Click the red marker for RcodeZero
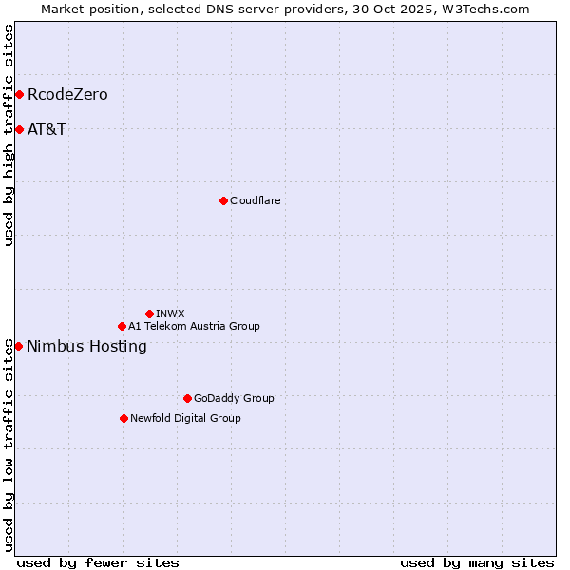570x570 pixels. [x=19, y=94]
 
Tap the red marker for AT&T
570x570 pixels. [x=19, y=129]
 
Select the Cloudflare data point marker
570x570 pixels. [x=223, y=200]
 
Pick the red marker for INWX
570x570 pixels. [x=149, y=313]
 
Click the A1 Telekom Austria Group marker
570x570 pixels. [x=122, y=326]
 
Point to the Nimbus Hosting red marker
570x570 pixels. [x=18, y=346]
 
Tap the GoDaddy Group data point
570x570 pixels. [x=187, y=398]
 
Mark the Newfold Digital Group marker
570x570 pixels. [x=123, y=418]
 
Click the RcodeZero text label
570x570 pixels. [x=67, y=94]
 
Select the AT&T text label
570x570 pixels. [x=47, y=129]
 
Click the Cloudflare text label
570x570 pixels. [x=255, y=200]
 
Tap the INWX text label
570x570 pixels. [x=170, y=313]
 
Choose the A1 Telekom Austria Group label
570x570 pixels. [x=194, y=326]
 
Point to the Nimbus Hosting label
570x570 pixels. [x=86, y=346]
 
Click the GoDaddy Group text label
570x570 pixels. [x=233, y=398]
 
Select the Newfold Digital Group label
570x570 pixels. [x=185, y=418]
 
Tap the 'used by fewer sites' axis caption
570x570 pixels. [x=98, y=562]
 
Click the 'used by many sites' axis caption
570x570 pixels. [x=477, y=562]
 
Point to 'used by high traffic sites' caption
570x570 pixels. [x=9, y=135]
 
